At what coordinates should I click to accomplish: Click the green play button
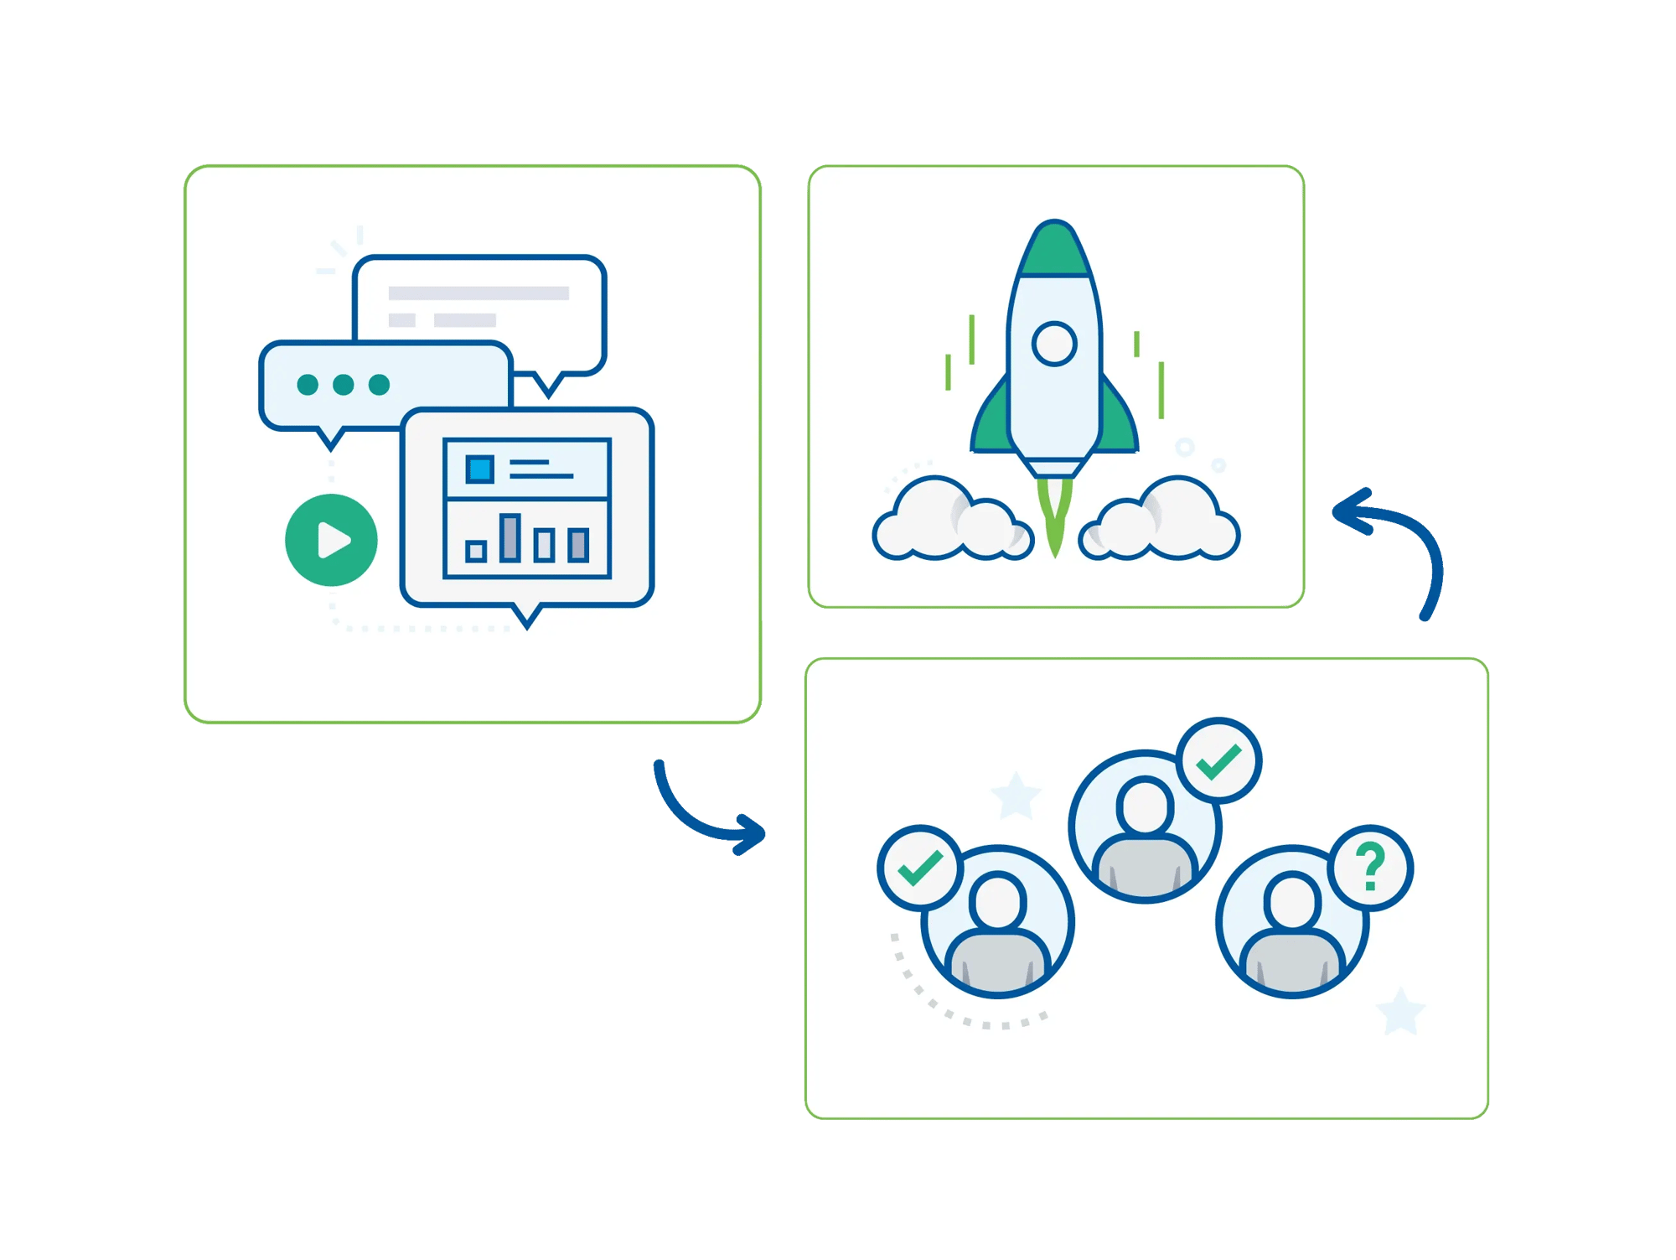[x=331, y=540]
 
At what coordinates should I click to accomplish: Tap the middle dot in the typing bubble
[x=343, y=384]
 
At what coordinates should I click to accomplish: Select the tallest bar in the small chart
[x=510, y=537]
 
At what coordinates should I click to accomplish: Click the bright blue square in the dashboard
[x=480, y=469]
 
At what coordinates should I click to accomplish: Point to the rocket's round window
[x=1054, y=344]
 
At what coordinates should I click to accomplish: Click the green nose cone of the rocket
[x=1054, y=251]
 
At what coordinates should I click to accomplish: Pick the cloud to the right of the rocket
[x=1165, y=520]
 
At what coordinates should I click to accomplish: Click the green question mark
[x=1371, y=868]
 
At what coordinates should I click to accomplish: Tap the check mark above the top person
[x=1218, y=761]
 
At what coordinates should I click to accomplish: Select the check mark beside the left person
[x=920, y=868]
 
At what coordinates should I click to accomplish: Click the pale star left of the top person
[x=1016, y=795]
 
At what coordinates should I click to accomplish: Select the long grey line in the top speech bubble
[x=478, y=293]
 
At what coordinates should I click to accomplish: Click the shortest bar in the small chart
[x=476, y=551]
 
